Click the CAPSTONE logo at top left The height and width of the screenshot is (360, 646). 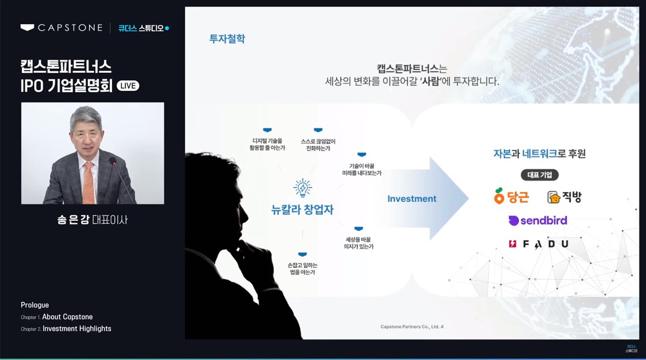tap(61, 28)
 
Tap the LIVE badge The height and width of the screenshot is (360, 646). tap(128, 85)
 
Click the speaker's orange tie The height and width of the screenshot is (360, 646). tap(89, 181)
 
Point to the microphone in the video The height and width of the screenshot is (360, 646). tap(113, 163)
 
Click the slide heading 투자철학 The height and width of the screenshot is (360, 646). tap(227, 39)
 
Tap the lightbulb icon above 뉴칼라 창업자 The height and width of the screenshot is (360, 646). tap(302, 188)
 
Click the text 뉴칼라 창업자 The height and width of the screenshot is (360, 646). tap(302, 209)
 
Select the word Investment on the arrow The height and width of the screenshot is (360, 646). tap(412, 199)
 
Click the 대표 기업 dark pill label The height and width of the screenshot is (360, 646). tap(539, 175)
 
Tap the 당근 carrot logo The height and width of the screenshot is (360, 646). tap(511, 196)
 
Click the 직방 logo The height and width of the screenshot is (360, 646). tap(564, 197)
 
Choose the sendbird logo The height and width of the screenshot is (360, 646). tap(538, 220)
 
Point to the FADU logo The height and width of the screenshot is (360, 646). tap(538, 244)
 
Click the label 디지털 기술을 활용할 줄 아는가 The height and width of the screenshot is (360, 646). tap(267, 144)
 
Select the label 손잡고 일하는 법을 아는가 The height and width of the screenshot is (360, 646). tap(302, 268)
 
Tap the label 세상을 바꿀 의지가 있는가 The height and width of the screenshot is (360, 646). tap(359, 243)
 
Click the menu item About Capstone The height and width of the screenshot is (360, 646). tap(67, 317)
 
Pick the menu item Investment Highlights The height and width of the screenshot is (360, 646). tap(76, 329)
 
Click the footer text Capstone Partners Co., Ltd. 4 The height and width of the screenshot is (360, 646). tap(412, 327)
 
